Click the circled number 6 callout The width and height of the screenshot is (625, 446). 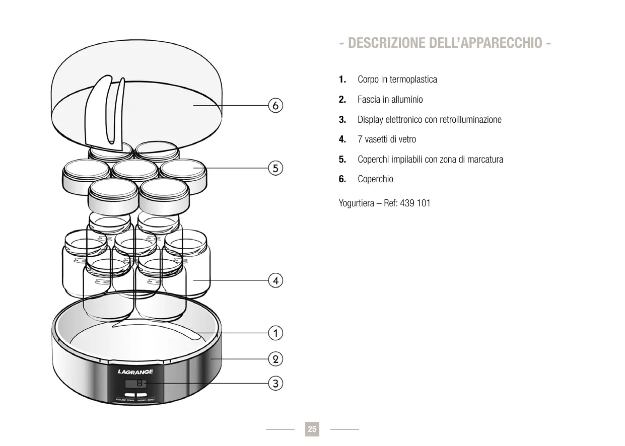[x=275, y=106]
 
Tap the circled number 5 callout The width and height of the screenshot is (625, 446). [x=275, y=168]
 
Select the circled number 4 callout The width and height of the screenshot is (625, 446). [x=275, y=280]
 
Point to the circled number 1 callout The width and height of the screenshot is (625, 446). [x=275, y=333]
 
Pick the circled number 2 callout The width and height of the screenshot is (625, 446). [x=275, y=359]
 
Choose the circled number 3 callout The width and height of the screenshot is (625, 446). [x=275, y=384]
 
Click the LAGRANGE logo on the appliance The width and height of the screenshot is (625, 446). [x=135, y=372]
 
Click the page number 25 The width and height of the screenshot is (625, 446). [x=312, y=429]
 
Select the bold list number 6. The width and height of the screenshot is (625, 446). [x=342, y=179]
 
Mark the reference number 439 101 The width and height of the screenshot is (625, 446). [x=415, y=204]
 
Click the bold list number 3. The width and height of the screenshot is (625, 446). [x=342, y=120]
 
